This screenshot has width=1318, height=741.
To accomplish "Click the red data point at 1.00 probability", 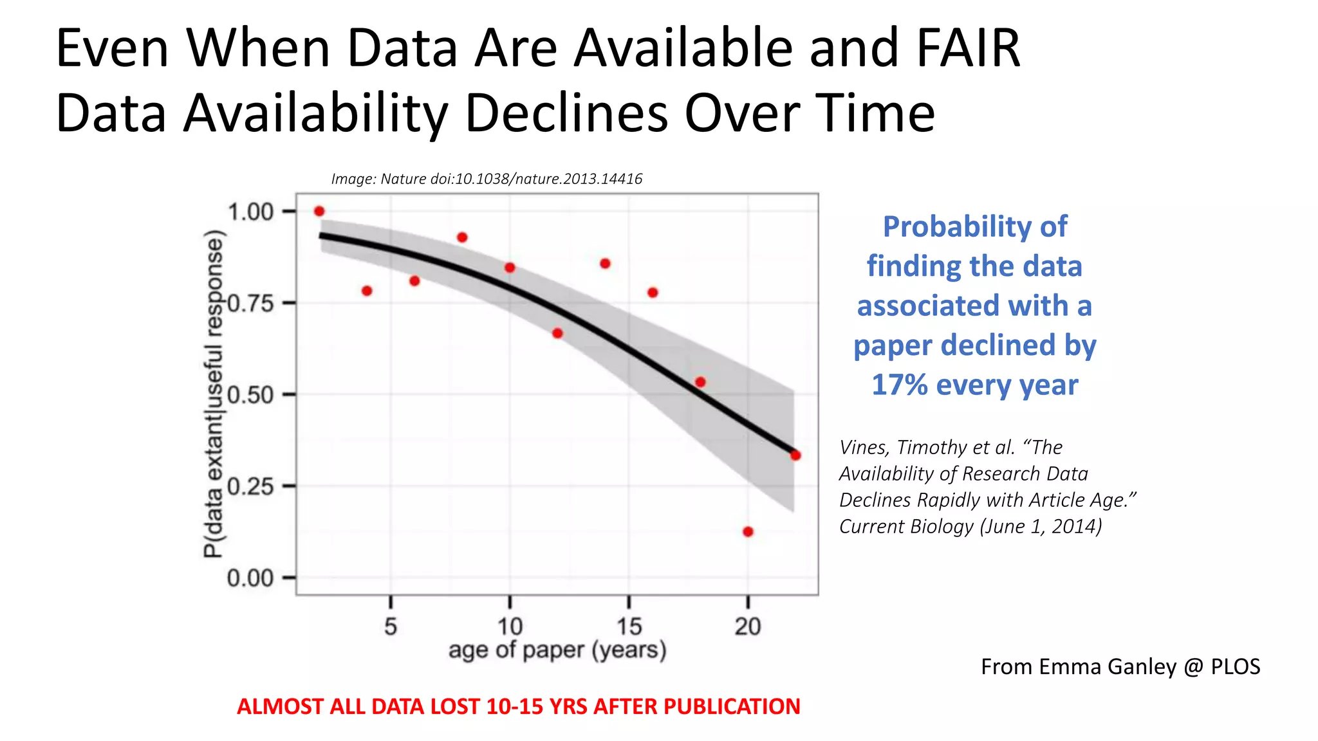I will point(319,211).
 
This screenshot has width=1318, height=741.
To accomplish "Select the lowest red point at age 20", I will point(748,532).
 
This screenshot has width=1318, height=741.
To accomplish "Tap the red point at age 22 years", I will point(795,455).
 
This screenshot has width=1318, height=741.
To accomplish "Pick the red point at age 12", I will point(557,333).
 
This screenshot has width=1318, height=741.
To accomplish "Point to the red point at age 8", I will point(462,237).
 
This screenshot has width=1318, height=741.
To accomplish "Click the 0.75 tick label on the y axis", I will point(251,303).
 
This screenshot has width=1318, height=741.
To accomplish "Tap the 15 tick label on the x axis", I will point(629,626).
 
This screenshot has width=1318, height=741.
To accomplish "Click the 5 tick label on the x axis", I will point(391,626).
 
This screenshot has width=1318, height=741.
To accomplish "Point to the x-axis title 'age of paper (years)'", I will point(557,650).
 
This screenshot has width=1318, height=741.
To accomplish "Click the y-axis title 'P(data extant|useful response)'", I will point(214,394).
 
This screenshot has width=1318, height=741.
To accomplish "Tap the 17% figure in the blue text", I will point(899,385).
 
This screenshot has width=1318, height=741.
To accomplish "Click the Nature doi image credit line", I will point(487,179).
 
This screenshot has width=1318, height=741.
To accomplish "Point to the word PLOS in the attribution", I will point(1235,667).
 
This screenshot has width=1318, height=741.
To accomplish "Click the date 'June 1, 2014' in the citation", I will point(1041,526).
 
